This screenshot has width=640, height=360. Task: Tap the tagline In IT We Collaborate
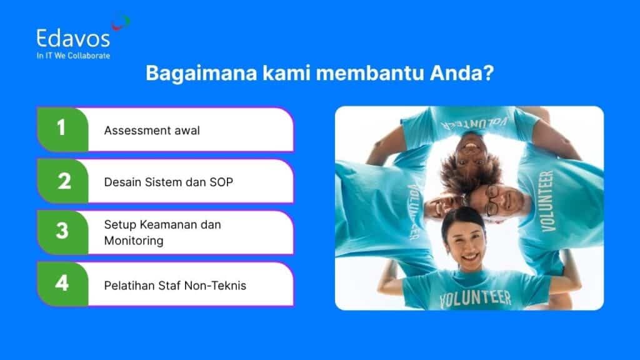tap(73, 56)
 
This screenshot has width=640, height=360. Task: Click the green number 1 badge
tap(62, 129)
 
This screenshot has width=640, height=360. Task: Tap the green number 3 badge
tap(62, 231)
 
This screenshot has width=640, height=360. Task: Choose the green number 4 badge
tap(62, 283)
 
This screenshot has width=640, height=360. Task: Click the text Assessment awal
tap(152, 131)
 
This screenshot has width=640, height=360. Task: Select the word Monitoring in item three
tap(134, 240)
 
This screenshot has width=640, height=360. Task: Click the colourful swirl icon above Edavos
tap(121, 23)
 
